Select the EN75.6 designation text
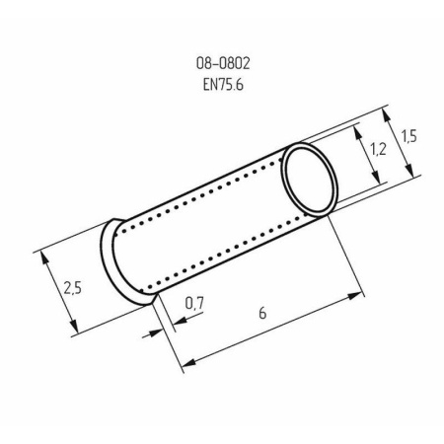pyautogui.click(x=222, y=84)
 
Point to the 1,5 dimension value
pyautogui.click(x=409, y=137)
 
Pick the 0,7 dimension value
pyautogui.click(x=193, y=306)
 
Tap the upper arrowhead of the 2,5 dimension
pyautogui.click(x=44, y=254)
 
